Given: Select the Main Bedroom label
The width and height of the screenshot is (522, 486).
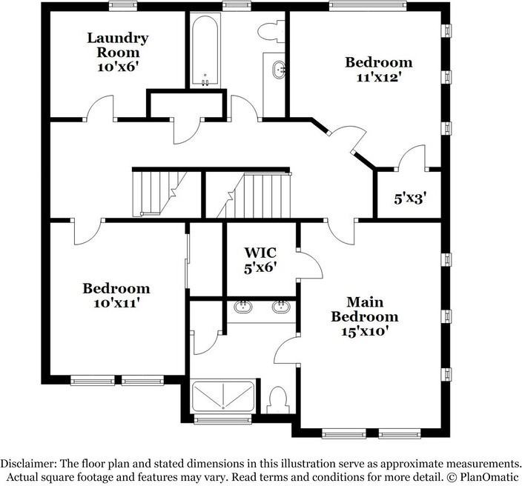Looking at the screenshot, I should pos(364,309).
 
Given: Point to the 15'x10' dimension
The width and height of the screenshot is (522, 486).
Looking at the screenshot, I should pos(364,331).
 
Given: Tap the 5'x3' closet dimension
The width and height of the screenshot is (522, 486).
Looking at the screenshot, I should pos(409,198).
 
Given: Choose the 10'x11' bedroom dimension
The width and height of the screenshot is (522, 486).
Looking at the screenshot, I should pos(116,302).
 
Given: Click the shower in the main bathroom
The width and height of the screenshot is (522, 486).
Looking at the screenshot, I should pos(222,396).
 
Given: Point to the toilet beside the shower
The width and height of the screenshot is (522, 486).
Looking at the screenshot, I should pos(277,401).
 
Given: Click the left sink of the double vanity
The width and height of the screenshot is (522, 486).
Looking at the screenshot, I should pos(242,307).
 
